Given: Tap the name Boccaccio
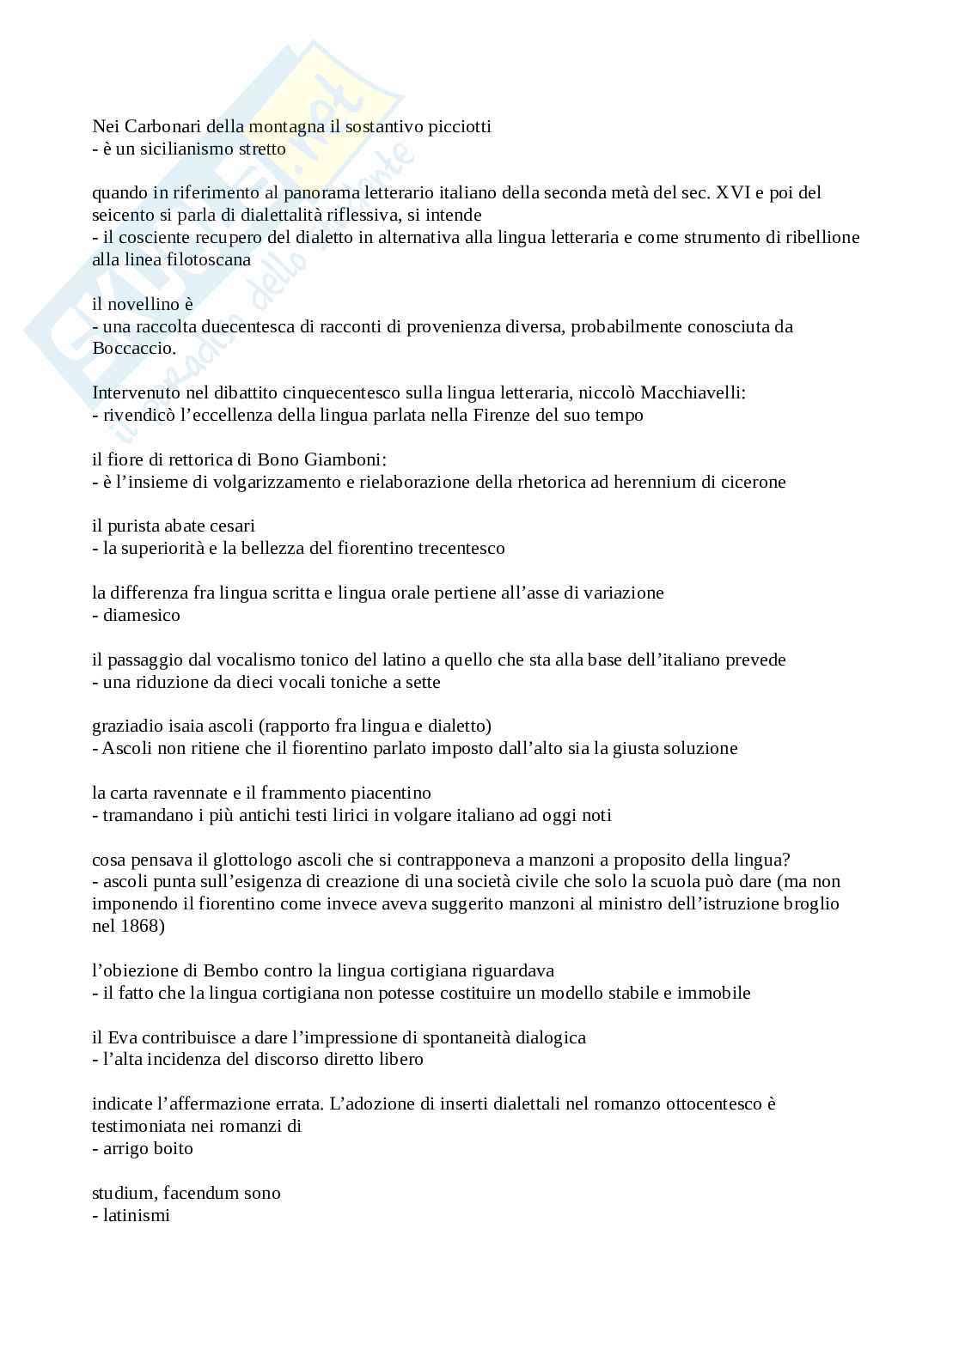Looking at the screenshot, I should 132,349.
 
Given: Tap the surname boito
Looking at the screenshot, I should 170,1148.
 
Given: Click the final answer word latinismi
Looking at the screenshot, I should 137,1215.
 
